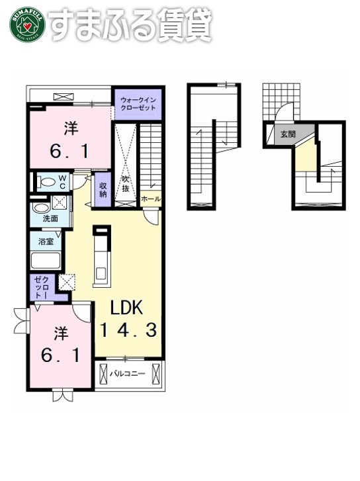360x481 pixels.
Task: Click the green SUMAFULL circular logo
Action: (28, 24)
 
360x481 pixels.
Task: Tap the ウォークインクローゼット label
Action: (138, 104)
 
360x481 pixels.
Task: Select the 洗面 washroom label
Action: (50, 219)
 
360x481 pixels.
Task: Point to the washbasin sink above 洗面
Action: (42, 208)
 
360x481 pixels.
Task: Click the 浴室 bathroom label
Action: (46, 241)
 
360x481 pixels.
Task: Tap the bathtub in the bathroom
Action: (46, 261)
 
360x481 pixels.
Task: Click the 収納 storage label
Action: (103, 190)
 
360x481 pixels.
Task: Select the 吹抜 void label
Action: (126, 184)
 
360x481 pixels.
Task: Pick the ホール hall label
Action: (151, 199)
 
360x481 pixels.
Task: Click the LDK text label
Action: (126, 308)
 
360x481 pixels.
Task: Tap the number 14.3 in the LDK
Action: (128, 330)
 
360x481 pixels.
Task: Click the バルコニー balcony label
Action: (127, 374)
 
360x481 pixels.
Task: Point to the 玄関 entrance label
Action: (288, 134)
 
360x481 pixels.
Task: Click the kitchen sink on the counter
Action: (102, 273)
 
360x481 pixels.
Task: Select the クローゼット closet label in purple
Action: (41, 287)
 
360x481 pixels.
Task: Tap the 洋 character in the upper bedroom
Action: (71, 128)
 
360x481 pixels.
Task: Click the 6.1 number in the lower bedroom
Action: (61, 355)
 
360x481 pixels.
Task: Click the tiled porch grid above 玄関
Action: (281, 101)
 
